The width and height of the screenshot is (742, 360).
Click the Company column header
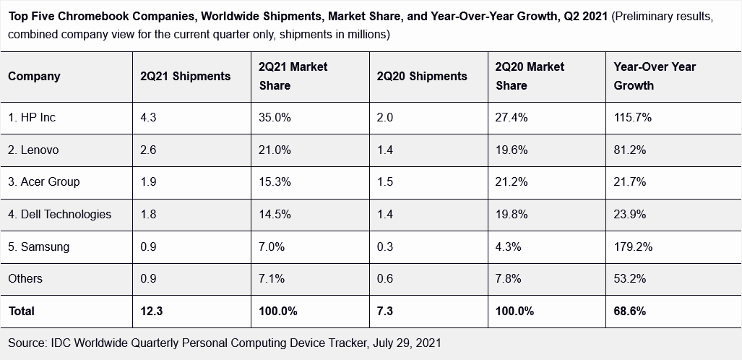[34, 76]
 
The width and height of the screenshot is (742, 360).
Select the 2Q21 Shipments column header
[186, 76]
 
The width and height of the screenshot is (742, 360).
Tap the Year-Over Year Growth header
[655, 76]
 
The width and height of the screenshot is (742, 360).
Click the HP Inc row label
[32, 117]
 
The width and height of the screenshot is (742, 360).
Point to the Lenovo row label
[33, 150]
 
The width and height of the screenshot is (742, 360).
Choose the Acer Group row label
[44, 181]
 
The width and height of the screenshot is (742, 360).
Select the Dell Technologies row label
[60, 214]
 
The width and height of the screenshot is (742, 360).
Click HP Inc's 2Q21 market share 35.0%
[275, 117]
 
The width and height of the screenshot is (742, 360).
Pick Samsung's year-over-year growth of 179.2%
[633, 247]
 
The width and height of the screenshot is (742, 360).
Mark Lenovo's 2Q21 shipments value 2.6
[149, 150]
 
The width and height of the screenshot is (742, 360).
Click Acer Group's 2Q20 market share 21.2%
[512, 181]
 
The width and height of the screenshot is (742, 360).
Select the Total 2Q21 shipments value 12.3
[152, 312]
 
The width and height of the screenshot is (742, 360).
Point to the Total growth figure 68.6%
[630, 312]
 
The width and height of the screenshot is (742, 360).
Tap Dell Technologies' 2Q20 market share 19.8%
[512, 214]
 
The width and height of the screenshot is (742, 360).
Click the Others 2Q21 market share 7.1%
[272, 278]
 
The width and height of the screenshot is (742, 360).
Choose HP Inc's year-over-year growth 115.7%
[633, 117]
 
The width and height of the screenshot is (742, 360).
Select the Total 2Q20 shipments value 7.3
[385, 312]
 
